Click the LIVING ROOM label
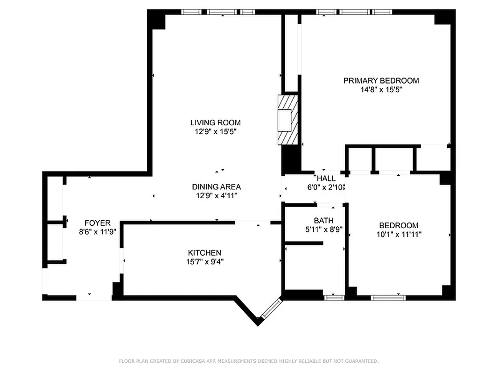point(215,122)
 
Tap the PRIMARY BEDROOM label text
point(381,80)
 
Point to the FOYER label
point(98,223)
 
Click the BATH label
point(323,220)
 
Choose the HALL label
point(326,178)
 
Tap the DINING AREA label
point(216,187)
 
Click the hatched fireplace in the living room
point(288,120)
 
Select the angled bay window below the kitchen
point(271,309)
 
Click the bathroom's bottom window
point(334,297)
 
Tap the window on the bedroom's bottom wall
point(388,297)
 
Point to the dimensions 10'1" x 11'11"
point(399,234)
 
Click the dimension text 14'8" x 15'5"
point(381,89)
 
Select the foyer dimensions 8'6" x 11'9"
point(98,231)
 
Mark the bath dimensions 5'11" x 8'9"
point(323,229)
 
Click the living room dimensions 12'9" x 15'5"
point(215,132)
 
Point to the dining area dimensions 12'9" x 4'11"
point(216,196)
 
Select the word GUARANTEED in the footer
point(360,361)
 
